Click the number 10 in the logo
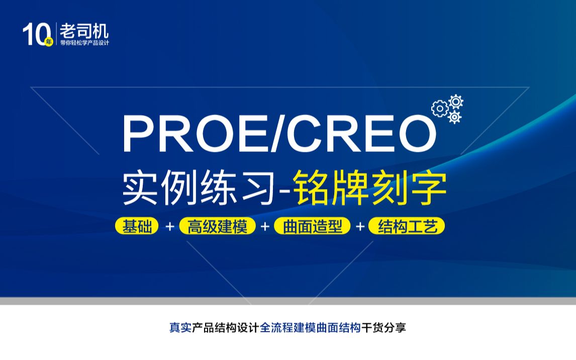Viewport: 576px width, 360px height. tap(34, 34)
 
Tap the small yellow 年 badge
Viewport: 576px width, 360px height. tap(49, 42)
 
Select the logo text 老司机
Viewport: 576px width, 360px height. tap(84, 31)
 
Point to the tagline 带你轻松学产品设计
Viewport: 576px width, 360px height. tap(84, 42)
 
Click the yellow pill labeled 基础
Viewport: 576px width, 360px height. tap(137, 226)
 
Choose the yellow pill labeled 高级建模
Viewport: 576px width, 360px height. tap(218, 226)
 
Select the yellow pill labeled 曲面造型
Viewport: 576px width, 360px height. tap(312, 226)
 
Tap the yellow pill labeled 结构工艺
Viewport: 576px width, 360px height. tap(407, 226)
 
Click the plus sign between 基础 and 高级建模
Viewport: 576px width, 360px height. tap(170, 227)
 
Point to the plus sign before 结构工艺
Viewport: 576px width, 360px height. tap(360, 227)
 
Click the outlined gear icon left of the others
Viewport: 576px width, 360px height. tap(439, 108)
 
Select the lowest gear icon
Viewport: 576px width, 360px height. tap(454, 117)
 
